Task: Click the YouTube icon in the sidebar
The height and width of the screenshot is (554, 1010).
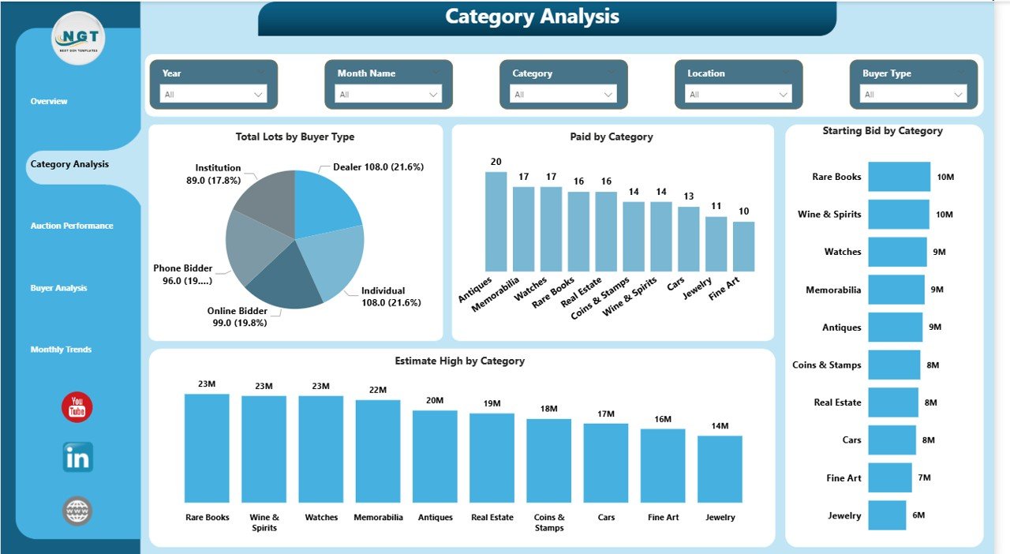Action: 77,407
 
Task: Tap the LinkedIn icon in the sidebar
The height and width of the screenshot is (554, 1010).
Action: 77,458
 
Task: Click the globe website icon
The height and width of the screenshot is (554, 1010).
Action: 77,511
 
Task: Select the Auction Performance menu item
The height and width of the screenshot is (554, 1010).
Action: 72,226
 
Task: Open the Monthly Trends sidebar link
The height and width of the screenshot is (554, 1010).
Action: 62,350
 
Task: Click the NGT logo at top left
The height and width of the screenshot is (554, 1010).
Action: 77,38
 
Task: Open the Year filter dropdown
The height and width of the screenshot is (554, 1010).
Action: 213,95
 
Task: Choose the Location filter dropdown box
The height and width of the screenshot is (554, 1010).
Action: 739,95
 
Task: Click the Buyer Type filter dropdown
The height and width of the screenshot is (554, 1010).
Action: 914,95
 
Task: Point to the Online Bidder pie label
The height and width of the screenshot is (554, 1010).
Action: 237,316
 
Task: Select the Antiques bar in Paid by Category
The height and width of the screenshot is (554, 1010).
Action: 496,222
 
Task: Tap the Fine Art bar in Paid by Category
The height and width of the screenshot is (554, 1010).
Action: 743,246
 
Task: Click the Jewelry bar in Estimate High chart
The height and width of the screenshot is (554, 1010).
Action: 720,469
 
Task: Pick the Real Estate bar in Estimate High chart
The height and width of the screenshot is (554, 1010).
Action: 492,458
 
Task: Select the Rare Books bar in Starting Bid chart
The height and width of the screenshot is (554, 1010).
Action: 899,177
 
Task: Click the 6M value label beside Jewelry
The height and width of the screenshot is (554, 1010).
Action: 919,515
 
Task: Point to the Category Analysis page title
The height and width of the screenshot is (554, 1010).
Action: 532,17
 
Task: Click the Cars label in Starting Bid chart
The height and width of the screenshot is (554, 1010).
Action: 851,440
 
